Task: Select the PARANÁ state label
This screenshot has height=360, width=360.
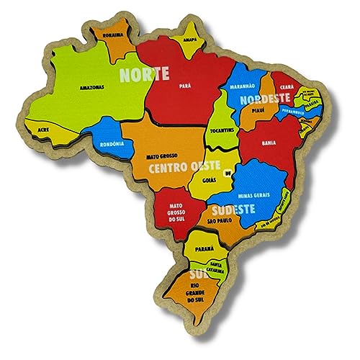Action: pos(204,248)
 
